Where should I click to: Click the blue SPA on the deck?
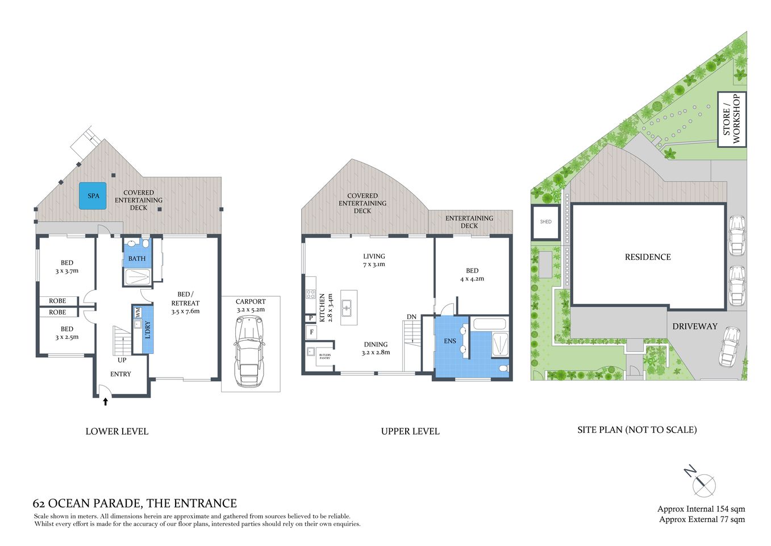93,196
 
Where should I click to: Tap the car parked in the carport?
250,350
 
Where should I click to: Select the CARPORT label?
251,301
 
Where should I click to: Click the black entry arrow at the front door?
105,402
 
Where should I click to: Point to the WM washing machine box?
137,312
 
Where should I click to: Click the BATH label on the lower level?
137,259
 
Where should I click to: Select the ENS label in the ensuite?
450,341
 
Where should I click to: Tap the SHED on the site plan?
545,222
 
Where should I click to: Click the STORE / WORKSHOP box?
732,119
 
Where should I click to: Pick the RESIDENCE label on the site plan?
648,257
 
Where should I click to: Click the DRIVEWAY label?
694,326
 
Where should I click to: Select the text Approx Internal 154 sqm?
701,509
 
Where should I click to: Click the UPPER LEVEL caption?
410,432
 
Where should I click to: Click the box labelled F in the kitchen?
311,332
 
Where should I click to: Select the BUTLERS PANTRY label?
324,357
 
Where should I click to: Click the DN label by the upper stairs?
411,317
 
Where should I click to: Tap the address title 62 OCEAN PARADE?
135,503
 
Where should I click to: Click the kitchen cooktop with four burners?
311,294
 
